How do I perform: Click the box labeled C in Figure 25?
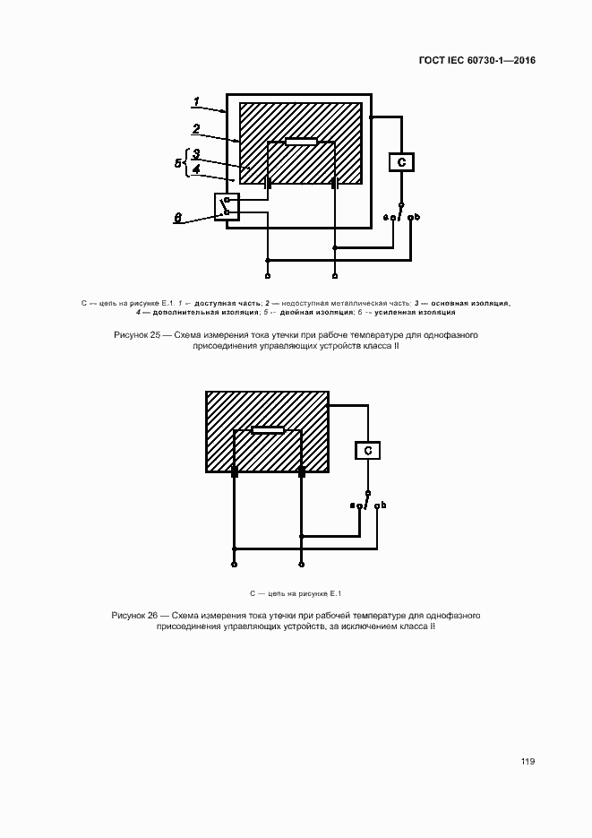(402, 162)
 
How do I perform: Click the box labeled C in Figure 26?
(368, 451)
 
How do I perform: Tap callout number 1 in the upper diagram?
(196, 101)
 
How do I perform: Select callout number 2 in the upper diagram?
(196, 129)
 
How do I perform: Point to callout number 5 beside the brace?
(177, 163)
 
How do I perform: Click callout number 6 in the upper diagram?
(177, 218)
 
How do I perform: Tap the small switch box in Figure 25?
(227, 206)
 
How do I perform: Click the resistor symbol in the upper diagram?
(302, 142)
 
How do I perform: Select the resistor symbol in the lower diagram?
(268, 430)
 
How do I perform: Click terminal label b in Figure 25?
(417, 217)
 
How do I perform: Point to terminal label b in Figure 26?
(383, 505)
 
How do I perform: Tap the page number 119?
(528, 761)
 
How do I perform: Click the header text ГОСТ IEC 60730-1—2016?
(477, 60)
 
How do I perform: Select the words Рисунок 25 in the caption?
(137, 335)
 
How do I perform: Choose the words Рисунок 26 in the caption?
(134, 615)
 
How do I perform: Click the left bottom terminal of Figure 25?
(268, 276)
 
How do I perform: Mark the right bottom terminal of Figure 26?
(302, 565)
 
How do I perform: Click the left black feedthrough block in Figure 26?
(234, 472)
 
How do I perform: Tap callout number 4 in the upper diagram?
(196, 168)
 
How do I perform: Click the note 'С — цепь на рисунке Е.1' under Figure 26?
(296, 593)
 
